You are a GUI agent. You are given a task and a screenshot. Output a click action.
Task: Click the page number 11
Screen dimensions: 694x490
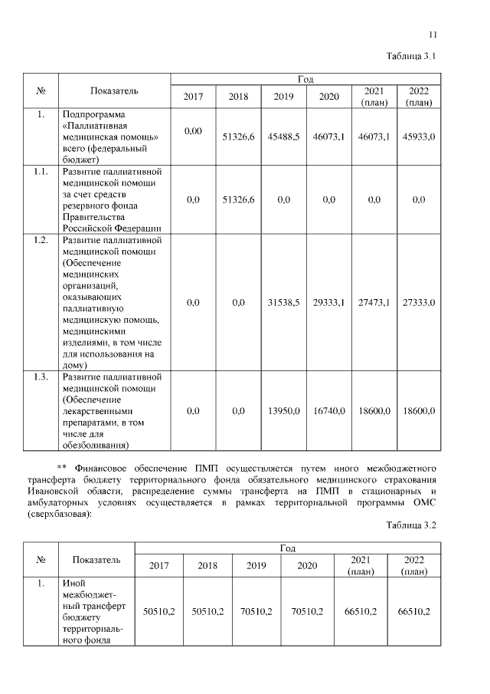tap(433, 35)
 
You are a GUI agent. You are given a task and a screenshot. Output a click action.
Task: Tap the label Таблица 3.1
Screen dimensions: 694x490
tap(412, 57)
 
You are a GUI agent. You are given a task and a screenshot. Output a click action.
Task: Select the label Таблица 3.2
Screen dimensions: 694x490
tap(412, 525)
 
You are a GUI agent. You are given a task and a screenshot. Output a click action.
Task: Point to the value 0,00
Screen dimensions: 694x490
tap(193, 132)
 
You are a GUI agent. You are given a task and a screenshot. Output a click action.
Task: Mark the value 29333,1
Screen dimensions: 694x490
tap(328, 303)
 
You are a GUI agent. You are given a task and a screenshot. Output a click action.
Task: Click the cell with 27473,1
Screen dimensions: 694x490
tap(374, 303)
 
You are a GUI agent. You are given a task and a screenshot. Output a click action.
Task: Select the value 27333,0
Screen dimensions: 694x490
tap(419, 303)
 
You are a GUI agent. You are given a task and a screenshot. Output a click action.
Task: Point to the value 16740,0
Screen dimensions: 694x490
tap(328, 411)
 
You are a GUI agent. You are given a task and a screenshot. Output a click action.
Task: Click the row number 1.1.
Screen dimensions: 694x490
tap(41, 171)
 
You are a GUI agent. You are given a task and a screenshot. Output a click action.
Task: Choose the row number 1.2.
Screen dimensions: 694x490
tap(41, 240)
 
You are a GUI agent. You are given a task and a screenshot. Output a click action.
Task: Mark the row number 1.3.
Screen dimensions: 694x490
tap(41, 377)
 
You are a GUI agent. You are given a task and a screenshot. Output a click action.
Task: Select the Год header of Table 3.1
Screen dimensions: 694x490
tap(305, 79)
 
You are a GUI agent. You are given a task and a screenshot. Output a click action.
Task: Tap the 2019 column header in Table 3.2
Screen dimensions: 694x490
tap(256, 566)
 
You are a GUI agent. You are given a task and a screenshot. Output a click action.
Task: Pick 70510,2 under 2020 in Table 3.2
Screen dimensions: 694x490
tap(306, 611)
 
